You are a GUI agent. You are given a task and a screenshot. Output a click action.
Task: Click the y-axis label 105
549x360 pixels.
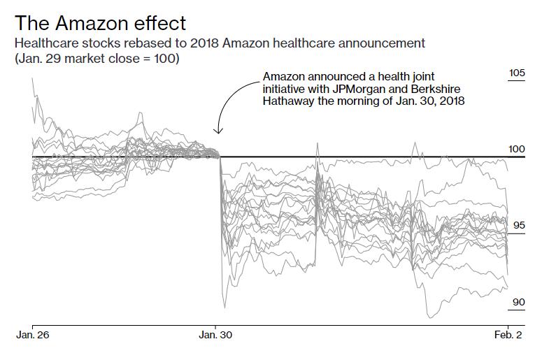tap(517, 73)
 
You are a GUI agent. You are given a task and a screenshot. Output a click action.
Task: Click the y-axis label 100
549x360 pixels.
tap(517, 150)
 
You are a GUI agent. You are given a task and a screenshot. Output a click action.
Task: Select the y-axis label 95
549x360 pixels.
tap(519, 225)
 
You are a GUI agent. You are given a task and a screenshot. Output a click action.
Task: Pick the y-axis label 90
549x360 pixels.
tap(519, 302)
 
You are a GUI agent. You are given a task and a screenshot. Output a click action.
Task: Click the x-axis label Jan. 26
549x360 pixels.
tap(33, 335)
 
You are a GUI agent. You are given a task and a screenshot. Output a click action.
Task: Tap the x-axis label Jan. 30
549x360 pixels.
tap(215, 335)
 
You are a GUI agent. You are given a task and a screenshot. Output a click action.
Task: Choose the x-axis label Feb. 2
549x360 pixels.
tap(508, 335)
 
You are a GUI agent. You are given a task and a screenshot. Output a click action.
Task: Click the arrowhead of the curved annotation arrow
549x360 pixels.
tap(218, 131)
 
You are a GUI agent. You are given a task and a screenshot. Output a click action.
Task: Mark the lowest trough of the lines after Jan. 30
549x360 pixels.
tap(430, 317)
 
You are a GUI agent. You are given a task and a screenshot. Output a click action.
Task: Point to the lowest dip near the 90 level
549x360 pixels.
tap(430, 317)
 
